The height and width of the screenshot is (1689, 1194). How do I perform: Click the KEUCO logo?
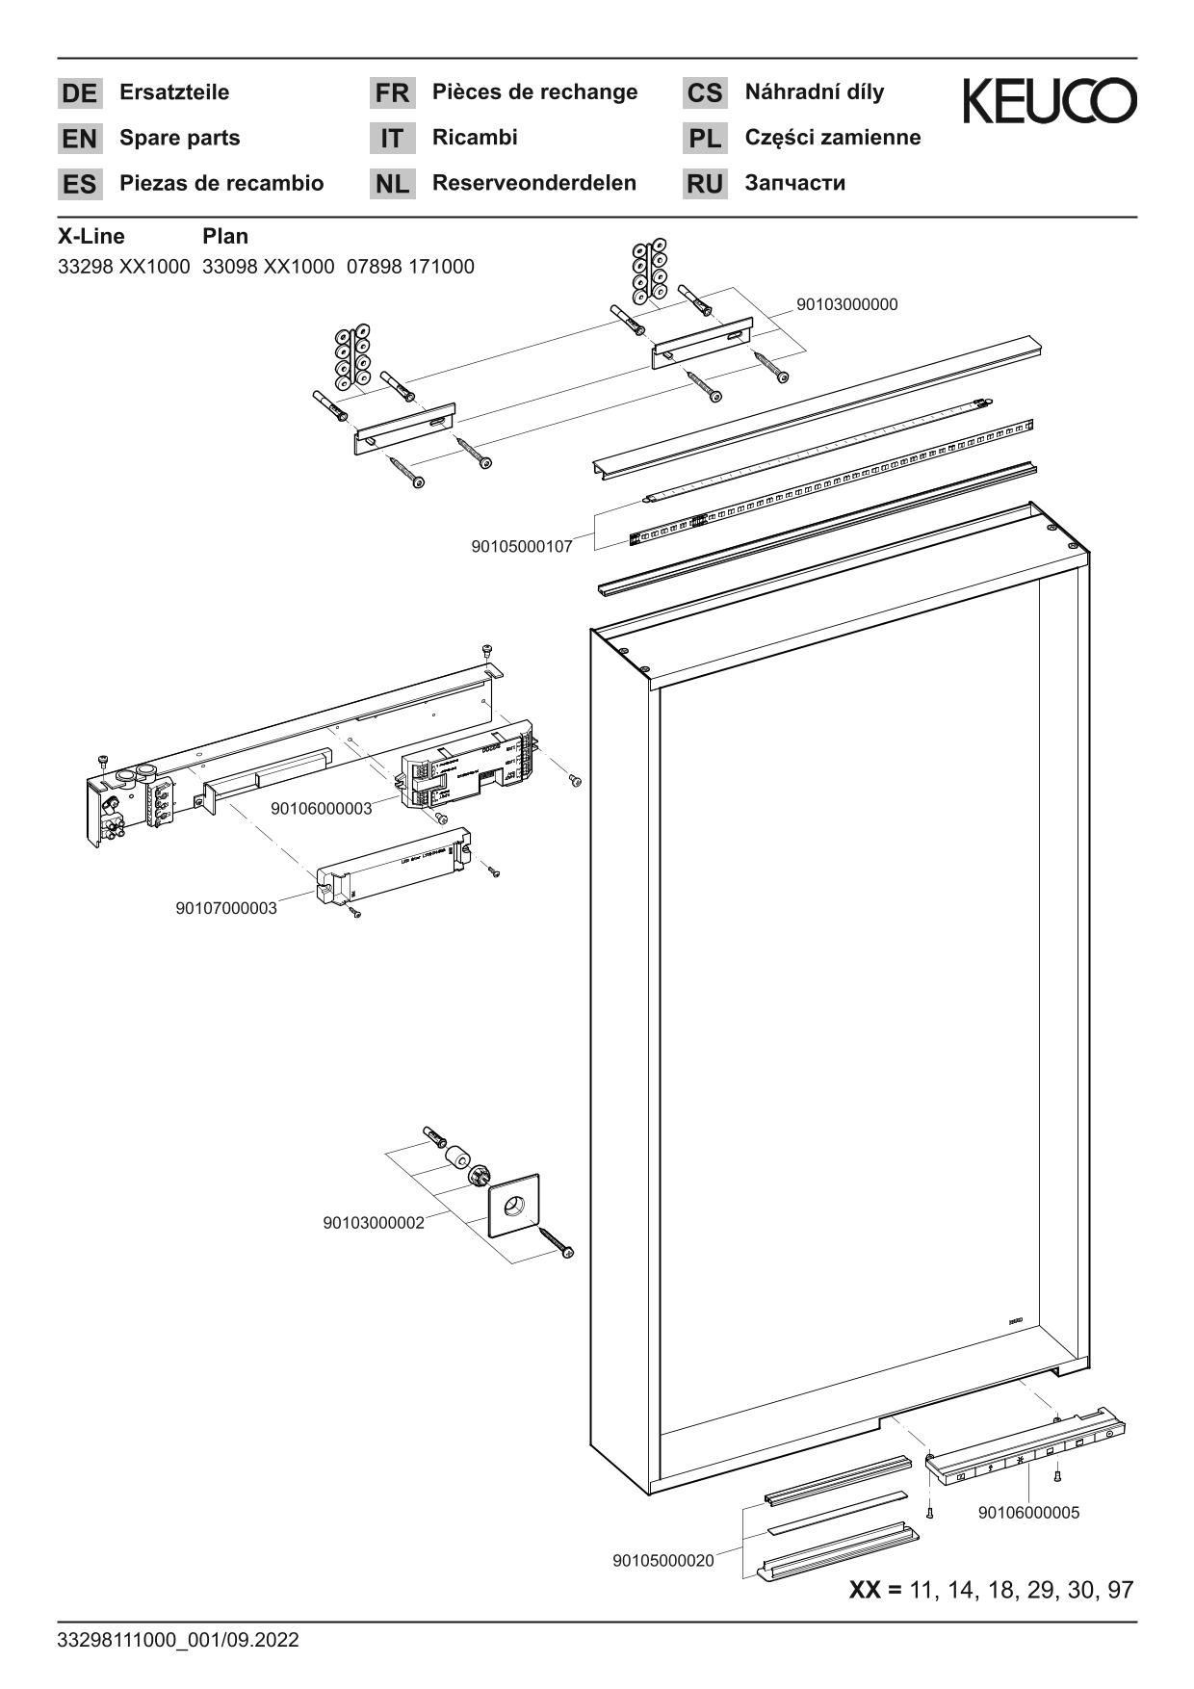pyautogui.click(x=1050, y=101)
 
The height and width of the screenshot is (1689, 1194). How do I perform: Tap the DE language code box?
pyautogui.click(x=79, y=93)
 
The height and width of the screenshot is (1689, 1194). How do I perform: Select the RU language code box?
pyautogui.click(x=705, y=184)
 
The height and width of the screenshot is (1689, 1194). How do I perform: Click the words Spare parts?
pyautogui.click(x=179, y=138)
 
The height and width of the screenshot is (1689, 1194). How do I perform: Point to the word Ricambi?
pyautogui.click(x=475, y=138)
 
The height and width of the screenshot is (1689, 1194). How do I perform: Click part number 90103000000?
pyautogui.click(x=846, y=304)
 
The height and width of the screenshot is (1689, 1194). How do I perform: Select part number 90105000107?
pyautogui.click(x=521, y=547)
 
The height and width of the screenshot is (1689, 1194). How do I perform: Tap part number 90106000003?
pyautogui.click(x=321, y=808)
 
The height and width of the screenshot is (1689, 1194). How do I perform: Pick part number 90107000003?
pyautogui.click(x=225, y=908)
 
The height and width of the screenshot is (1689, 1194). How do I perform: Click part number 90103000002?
pyautogui.click(x=373, y=1223)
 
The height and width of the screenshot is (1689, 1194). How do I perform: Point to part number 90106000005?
pyautogui.click(x=1028, y=1513)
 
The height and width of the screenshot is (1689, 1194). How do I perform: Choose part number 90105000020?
pyautogui.click(x=662, y=1561)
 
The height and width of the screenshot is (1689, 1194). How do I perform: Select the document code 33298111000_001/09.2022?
pyautogui.click(x=178, y=1640)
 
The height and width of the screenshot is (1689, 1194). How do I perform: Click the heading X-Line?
pyautogui.click(x=91, y=236)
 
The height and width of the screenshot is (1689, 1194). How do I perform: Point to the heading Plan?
pyautogui.click(x=225, y=236)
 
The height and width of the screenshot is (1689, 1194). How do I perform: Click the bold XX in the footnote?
pyautogui.click(x=865, y=1590)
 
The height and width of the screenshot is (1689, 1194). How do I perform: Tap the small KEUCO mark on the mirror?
pyautogui.click(x=1015, y=1322)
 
